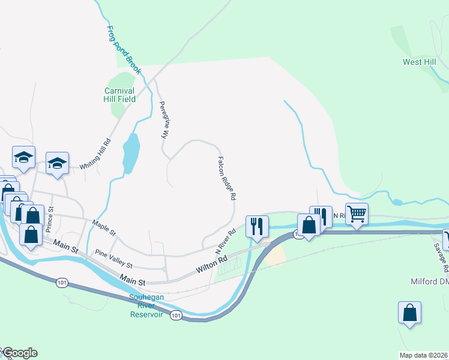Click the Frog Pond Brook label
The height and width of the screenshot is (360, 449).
(x=124, y=49)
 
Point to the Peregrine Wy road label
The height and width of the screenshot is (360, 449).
(x=163, y=120)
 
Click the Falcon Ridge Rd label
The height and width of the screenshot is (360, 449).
(x=226, y=178)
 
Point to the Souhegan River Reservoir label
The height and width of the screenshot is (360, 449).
(x=146, y=305)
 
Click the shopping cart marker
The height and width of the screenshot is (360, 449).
(x=357, y=213)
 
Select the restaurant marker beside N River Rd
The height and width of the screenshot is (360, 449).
(x=258, y=226)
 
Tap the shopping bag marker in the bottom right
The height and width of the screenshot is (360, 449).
(x=409, y=313)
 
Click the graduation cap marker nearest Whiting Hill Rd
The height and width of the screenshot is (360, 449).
(x=57, y=163)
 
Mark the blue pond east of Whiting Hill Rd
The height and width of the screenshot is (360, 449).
(x=131, y=152)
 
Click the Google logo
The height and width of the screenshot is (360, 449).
(x=19, y=353)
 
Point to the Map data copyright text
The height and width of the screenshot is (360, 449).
(x=424, y=355)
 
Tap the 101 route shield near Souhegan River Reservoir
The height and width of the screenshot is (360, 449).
(x=175, y=315)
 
